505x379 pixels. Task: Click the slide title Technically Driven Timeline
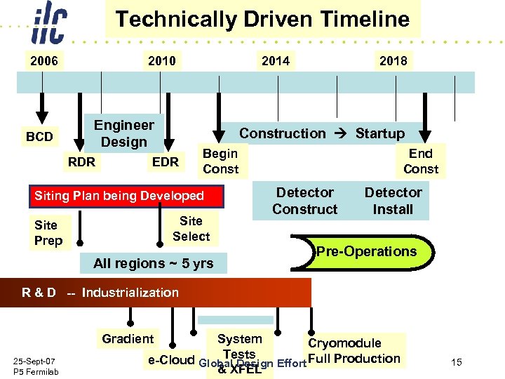262,19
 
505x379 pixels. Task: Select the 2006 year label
43,61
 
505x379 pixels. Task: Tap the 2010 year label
161,61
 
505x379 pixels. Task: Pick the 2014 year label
275,61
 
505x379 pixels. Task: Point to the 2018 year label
393,61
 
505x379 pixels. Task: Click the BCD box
39,136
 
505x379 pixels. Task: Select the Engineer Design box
124,133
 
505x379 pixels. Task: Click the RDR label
81,162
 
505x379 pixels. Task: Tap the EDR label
166,162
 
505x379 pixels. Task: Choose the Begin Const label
220,161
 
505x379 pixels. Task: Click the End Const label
420,161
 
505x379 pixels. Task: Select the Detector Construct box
304,201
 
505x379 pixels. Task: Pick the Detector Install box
393,201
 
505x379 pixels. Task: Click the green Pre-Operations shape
368,252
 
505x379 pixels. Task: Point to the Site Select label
191,228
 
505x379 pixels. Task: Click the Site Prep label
48,232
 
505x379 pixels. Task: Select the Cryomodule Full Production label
354,351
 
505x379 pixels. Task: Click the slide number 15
457,362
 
